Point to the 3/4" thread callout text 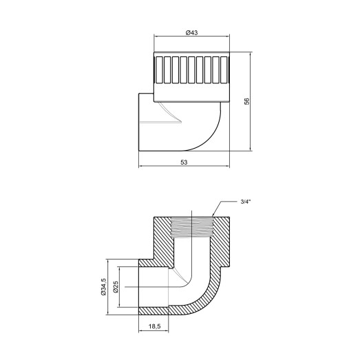(x=246, y=202)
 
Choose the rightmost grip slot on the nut (x=222, y=70)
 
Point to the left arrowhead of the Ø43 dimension (x=155, y=38)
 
